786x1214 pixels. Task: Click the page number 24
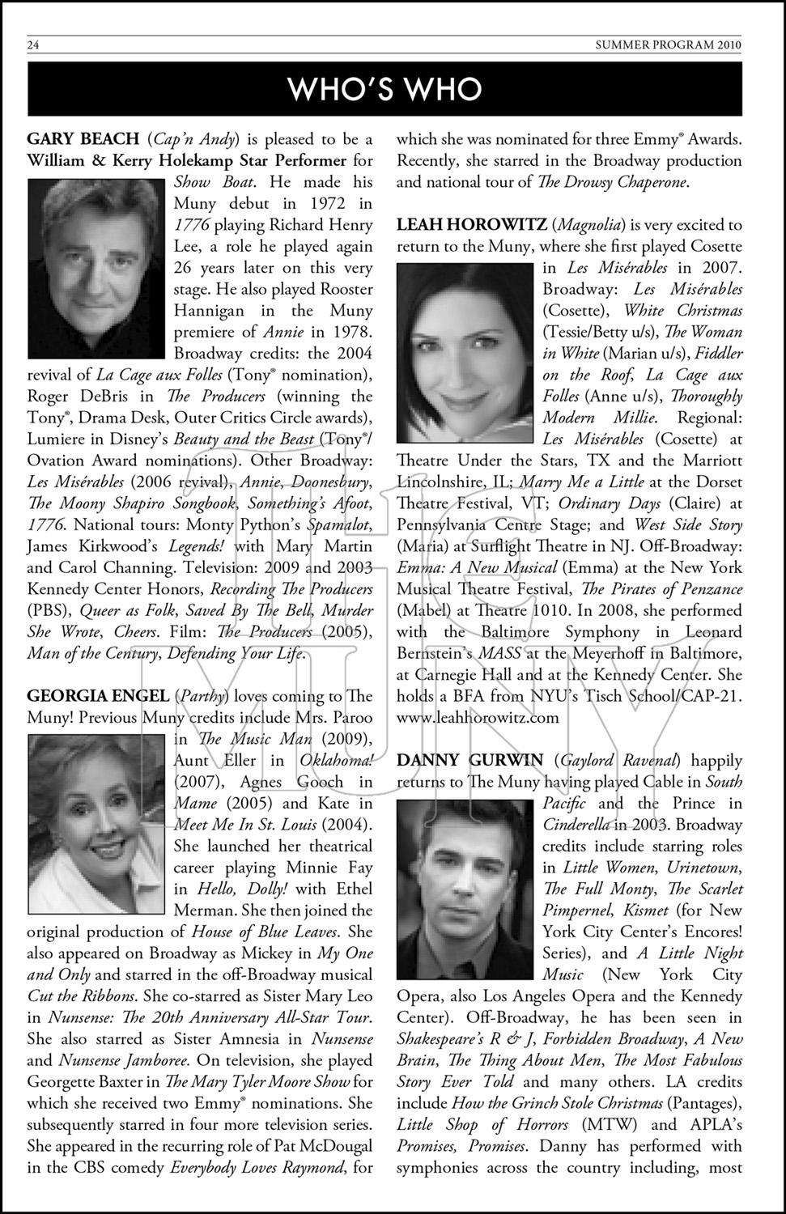[33, 45]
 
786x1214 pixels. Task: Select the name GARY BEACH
[83, 139]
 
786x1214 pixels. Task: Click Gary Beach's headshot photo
[96, 269]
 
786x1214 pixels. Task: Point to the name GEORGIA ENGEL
[98, 696]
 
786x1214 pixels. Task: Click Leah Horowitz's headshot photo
[465, 354]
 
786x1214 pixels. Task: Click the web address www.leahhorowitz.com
[478, 717]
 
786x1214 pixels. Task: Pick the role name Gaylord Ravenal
[621, 761]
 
